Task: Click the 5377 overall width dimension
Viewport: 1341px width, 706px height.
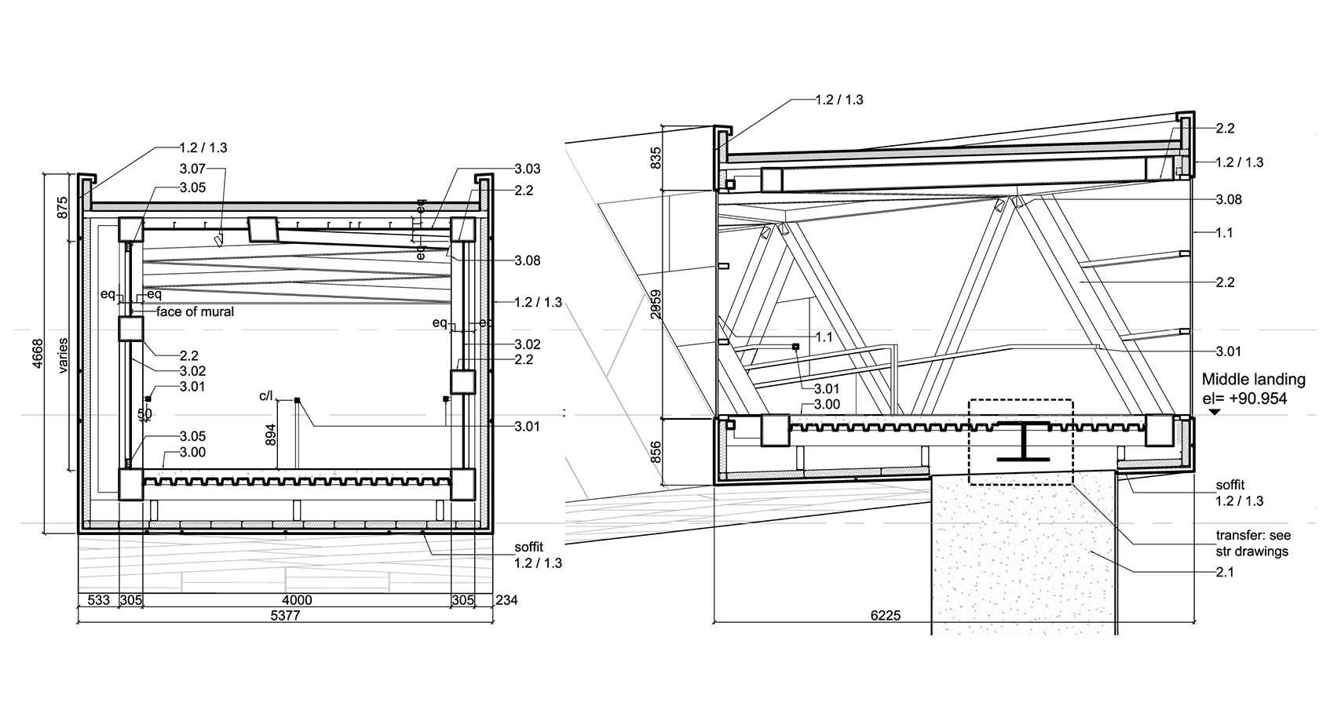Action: click(286, 616)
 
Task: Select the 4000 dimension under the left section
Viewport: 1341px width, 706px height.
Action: click(297, 600)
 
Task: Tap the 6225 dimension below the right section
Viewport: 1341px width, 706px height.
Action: click(885, 616)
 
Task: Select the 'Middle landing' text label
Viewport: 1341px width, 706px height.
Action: click(1254, 380)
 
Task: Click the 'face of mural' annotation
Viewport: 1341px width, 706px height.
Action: click(195, 311)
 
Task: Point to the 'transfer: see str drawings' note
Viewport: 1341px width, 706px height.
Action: click(1253, 543)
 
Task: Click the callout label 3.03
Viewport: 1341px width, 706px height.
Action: click(528, 169)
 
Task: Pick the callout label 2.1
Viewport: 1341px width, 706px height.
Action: click(1225, 572)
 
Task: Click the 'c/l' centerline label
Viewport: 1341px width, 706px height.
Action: click(265, 396)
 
